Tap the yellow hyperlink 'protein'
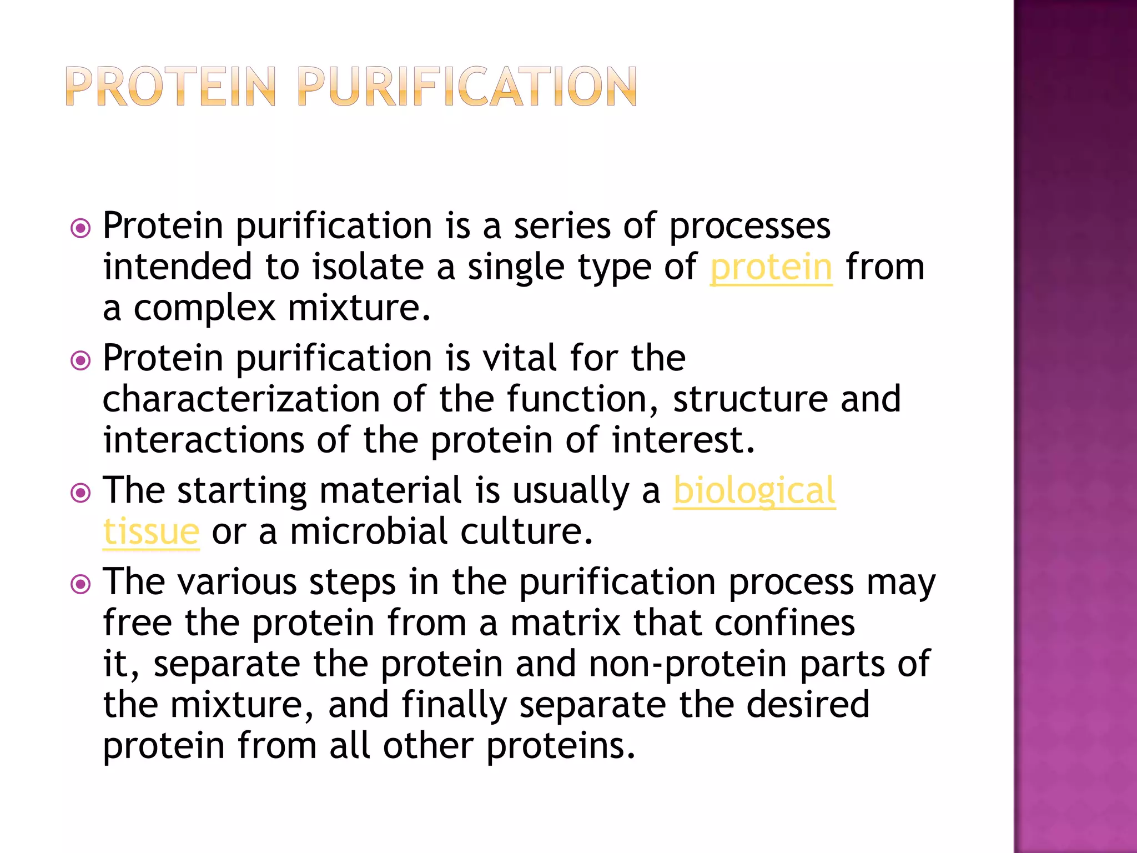[771, 268]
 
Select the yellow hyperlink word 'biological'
[754, 491]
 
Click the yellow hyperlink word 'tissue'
[151, 532]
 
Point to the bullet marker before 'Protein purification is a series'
[81, 228]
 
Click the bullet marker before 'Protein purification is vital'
[81, 361]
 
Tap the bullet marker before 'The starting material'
[81, 493]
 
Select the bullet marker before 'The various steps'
[81, 584]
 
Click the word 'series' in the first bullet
[562, 227]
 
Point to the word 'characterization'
[241, 399]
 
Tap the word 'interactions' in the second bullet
[203, 440]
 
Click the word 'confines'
[784, 623]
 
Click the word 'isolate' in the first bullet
[368, 268]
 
